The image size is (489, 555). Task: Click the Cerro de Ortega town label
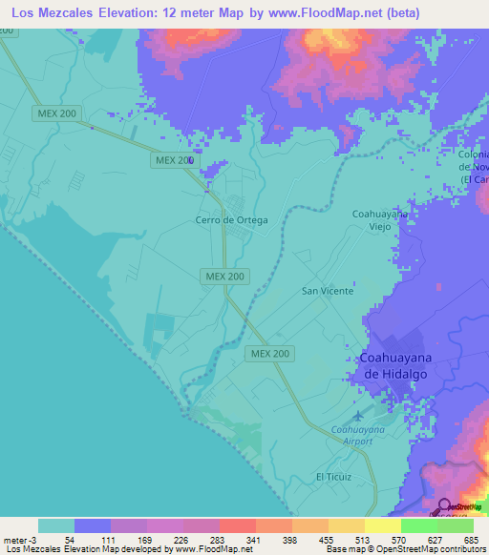click(232, 219)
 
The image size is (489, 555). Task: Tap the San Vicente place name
click(328, 291)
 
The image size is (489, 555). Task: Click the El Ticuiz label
click(334, 476)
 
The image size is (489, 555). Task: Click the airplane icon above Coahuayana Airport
click(358, 416)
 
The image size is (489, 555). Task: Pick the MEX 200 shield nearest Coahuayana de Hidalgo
click(270, 353)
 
